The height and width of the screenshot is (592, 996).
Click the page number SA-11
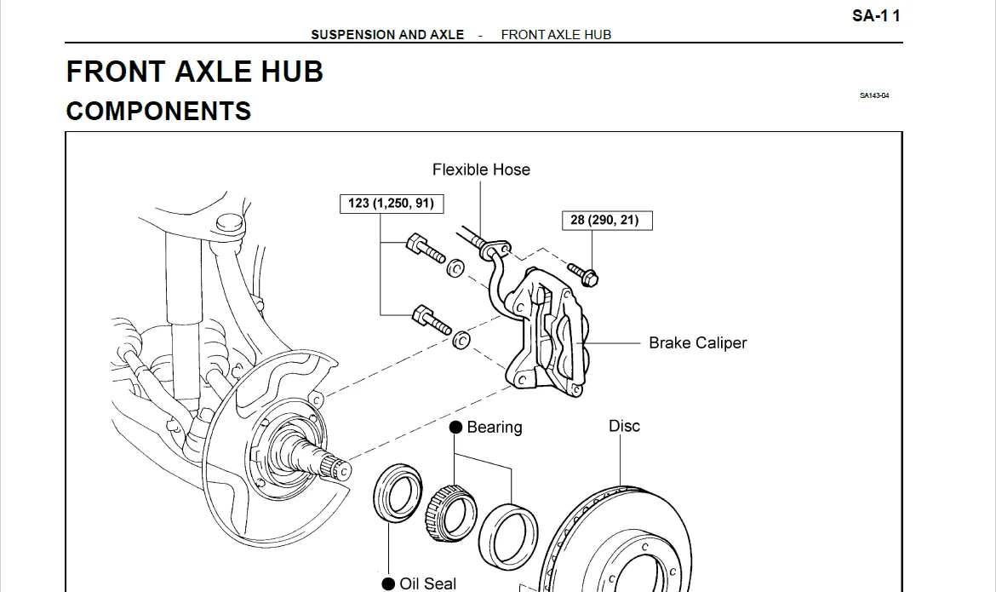875,15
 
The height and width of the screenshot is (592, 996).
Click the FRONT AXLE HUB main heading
194,72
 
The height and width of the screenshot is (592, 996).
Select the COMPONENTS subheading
158,111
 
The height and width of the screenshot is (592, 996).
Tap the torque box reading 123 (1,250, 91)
391,203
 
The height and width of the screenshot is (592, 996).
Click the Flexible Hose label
481,170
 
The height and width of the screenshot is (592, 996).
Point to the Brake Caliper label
697,343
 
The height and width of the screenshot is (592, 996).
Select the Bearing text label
495,427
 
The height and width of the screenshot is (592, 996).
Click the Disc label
624,426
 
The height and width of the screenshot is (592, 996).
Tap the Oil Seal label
427,583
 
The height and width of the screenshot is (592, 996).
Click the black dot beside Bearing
456,427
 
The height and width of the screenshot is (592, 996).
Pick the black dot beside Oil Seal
388,583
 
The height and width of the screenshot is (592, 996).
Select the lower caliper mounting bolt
432,320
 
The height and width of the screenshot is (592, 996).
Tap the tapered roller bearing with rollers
450,509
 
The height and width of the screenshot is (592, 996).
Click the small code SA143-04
874,96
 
